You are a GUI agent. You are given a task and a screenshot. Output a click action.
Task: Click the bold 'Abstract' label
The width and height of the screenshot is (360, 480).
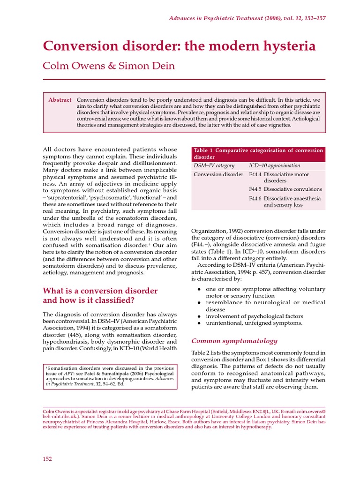coord(60,100)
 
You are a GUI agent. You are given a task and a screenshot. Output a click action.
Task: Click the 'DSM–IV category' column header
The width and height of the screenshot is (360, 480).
coord(214,165)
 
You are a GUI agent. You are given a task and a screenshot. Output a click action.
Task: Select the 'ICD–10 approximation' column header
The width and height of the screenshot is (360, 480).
coord(275,165)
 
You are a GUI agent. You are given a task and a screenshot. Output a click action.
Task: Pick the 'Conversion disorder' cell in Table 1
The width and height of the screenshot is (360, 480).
coord(218,174)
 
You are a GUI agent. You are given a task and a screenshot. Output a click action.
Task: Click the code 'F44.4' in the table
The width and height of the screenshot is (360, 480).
coord(255,174)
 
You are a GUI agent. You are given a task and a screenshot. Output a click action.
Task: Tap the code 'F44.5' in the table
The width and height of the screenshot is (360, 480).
coord(255,189)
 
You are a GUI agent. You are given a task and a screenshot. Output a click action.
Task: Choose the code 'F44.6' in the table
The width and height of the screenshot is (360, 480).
coord(255,198)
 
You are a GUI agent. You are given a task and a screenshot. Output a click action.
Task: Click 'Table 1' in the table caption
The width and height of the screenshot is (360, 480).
coord(204,150)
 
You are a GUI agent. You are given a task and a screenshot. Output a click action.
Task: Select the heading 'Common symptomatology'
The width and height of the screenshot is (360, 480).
coord(234,341)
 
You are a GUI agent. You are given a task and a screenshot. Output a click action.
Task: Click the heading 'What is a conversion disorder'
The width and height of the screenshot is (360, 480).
coord(100,291)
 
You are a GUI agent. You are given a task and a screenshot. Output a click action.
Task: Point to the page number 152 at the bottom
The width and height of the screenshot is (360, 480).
coord(47,458)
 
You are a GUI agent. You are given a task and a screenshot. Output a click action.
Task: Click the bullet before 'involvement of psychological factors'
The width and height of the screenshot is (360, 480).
coord(199,316)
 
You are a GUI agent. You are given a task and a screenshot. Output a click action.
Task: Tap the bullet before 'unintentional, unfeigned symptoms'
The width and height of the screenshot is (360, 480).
coord(199,323)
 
